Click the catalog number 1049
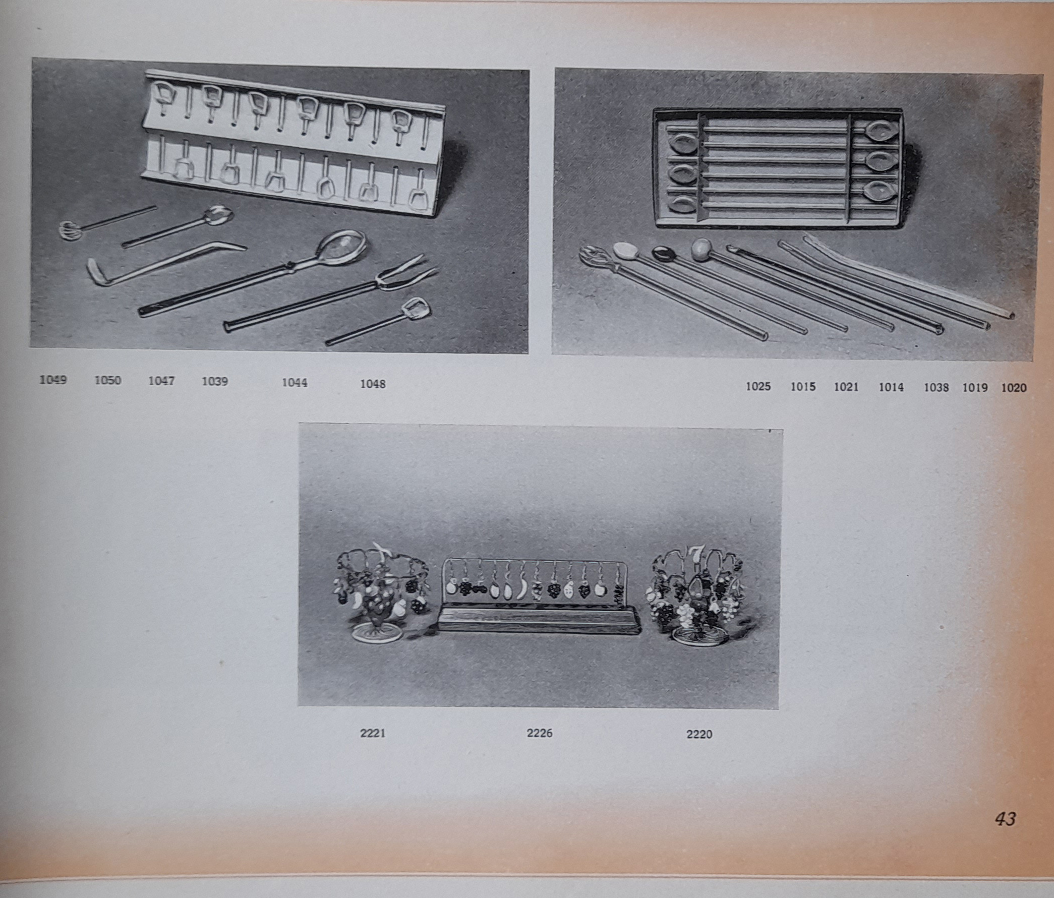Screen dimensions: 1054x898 [x=53, y=379]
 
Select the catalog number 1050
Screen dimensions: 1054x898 [x=108, y=380]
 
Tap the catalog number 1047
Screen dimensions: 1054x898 [x=161, y=380]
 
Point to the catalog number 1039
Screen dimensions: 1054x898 [x=215, y=381]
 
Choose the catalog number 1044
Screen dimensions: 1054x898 [x=295, y=382]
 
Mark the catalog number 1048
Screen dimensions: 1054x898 [x=373, y=384]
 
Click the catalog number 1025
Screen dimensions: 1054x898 [x=758, y=386]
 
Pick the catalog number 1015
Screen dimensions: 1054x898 [x=803, y=386]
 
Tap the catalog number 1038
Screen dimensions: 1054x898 [x=936, y=387]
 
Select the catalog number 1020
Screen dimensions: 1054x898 [x=1014, y=388]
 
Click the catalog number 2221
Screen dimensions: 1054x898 [x=372, y=733]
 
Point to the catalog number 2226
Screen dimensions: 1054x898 [x=539, y=733]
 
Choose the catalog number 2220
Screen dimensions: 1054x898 [x=699, y=734]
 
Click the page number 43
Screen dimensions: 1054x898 [x=1005, y=819]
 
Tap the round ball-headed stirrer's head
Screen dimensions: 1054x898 [x=700, y=250]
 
